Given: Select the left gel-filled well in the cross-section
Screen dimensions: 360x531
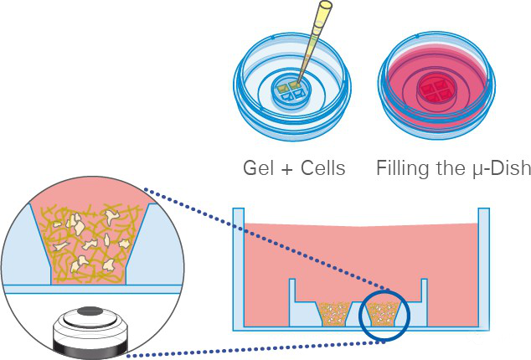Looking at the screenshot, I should (335, 315).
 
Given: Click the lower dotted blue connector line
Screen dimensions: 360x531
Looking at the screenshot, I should (251, 348).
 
